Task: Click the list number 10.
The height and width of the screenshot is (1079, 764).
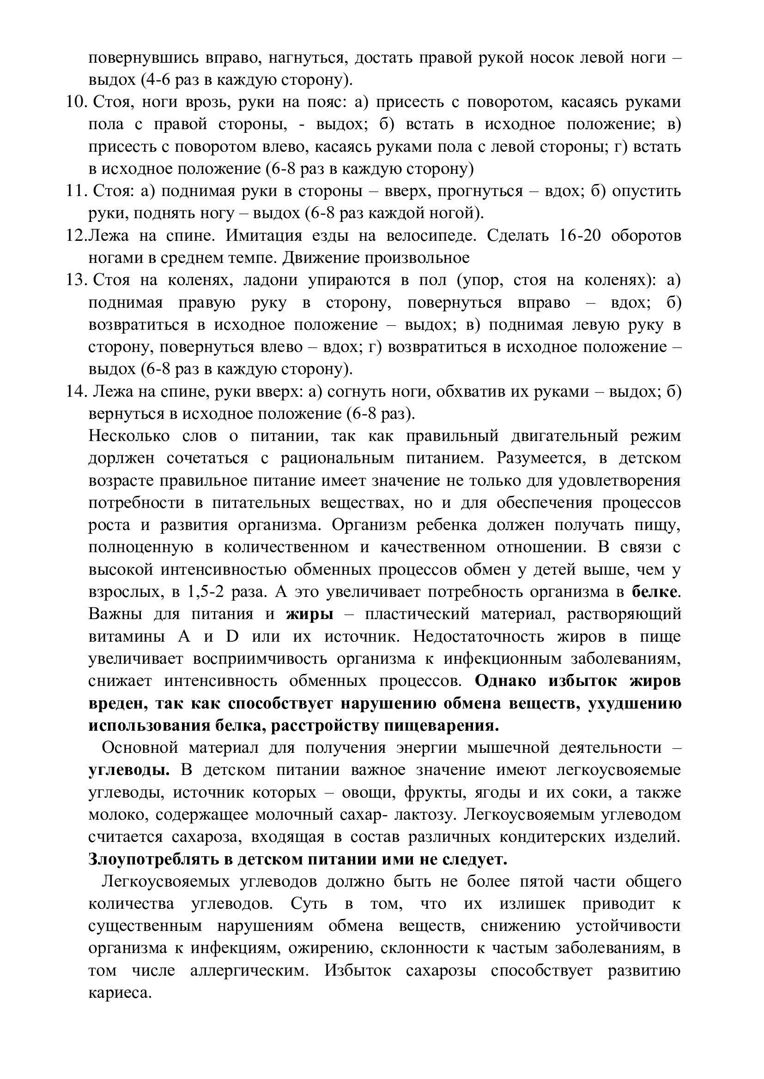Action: point(76,102)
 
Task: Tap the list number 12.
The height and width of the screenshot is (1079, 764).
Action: point(76,235)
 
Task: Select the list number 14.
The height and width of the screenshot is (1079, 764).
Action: point(76,392)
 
